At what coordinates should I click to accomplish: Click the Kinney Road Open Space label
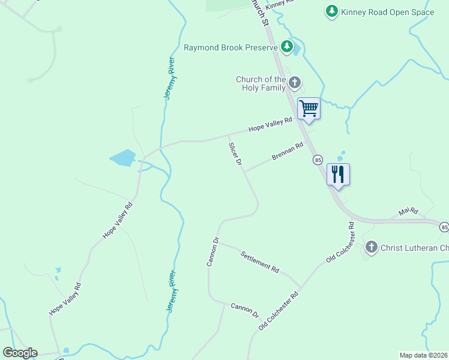pyautogui.click(x=387, y=11)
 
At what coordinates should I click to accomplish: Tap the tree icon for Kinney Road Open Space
pyautogui.click(x=331, y=11)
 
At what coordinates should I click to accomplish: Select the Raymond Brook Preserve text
pyautogui.click(x=231, y=47)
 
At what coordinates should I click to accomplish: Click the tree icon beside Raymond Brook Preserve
pyautogui.click(x=288, y=47)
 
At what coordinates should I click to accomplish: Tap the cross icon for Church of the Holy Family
pyautogui.click(x=294, y=82)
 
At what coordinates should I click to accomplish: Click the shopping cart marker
pyautogui.click(x=309, y=109)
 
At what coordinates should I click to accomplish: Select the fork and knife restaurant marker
pyautogui.click(x=338, y=175)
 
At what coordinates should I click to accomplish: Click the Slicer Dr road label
pyautogui.click(x=235, y=154)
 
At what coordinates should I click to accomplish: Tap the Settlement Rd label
pyautogui.click(x=261, y=262)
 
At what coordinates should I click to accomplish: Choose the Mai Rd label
pyautogui.click(x=408, y=212)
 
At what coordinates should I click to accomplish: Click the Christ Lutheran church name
pyautogui.click(x=414, y=247)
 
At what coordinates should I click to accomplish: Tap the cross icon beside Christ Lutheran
pyautogui.click(x=372, y=247)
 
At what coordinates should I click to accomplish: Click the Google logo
pyautogui.click(x=20, y=353)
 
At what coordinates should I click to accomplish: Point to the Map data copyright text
pyautogui.click(x=423, y=355)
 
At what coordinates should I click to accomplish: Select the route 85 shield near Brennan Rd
pyautogui.click(x=318, y=160)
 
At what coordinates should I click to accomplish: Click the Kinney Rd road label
pyautogui.click(x=279, y=3)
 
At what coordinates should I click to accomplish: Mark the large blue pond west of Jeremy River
pyautogui.click(x=124, y=158)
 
